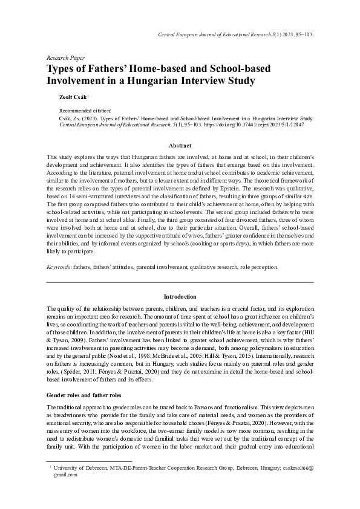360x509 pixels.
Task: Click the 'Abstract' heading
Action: click(180, 146)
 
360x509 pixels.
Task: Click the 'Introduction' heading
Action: click(180, 297)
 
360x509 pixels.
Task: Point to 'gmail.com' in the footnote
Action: click(66, 475)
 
